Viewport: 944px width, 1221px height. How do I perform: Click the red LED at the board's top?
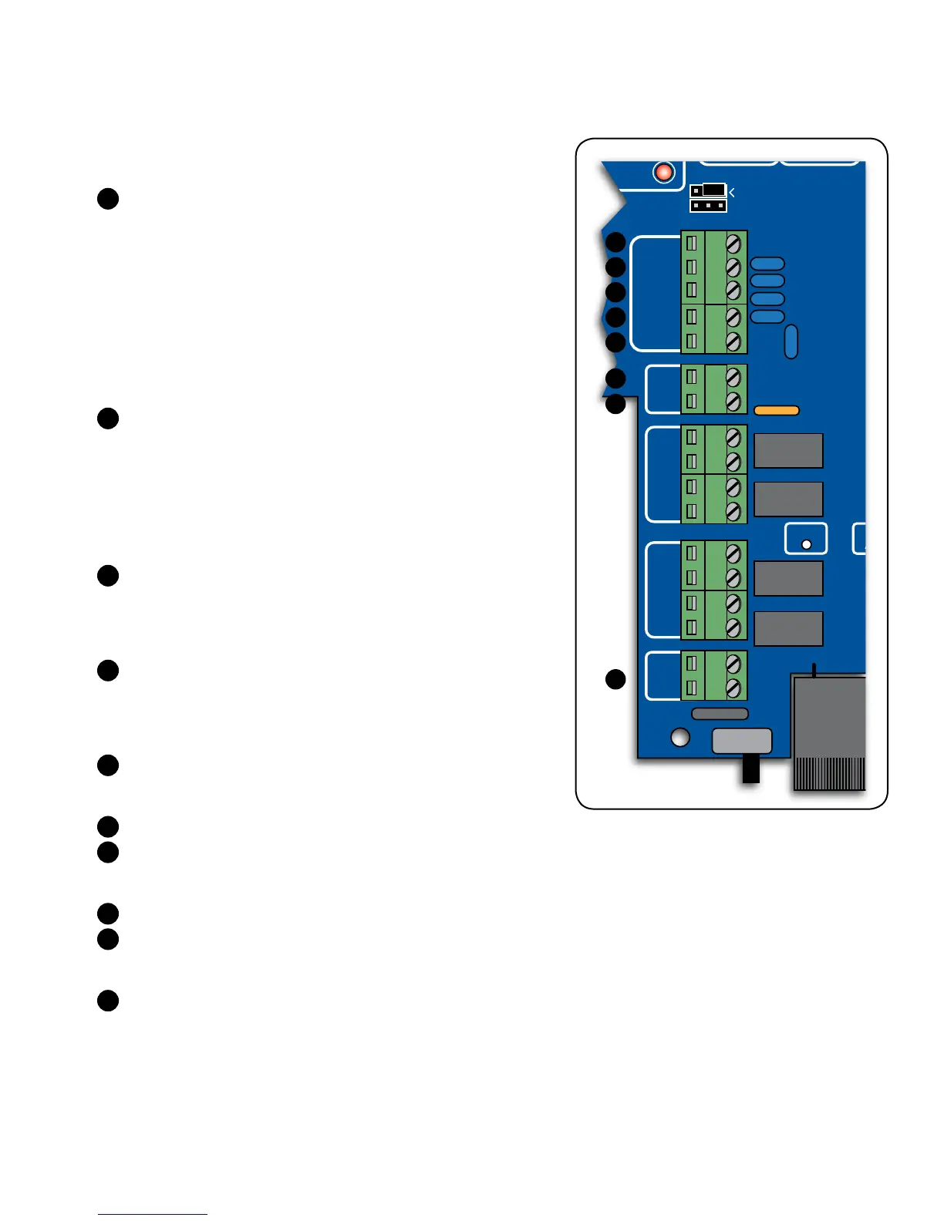(x=663, y=172)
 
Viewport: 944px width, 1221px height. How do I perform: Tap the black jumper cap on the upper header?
(x=713, y=190)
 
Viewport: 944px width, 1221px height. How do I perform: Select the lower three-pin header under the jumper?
(x=708, y=206)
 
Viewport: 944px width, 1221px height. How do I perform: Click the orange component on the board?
(x=776, y=411)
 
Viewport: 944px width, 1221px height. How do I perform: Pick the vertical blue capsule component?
(x=791, y=341)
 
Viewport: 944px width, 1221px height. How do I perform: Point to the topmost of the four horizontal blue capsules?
(x=767, y=264)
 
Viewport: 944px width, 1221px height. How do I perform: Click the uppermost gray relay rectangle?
(x=788, y=451)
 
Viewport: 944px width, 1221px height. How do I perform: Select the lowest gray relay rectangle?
(x=788, y=629)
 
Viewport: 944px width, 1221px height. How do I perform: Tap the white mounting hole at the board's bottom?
(x=679, y=737)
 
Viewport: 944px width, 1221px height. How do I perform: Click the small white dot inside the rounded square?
(x=807, y=544)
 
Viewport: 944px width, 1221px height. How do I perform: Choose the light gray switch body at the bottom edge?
(x=742, y=741)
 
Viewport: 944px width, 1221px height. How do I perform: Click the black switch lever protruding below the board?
(x=750, y=769)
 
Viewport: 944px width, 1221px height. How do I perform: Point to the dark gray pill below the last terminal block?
(x=720, y=714)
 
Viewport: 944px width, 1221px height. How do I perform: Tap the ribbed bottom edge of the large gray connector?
(x=829, y=774)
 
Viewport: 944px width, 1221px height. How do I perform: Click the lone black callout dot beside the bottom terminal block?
(x=615, y=679)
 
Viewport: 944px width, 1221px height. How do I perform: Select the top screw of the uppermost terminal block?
(x=733, y=243)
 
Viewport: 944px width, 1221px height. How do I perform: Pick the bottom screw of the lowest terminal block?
(x=733, y=688)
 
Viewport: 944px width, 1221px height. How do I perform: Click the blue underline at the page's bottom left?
(x=153, y=1214)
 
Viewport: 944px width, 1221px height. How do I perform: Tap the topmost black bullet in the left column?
(x=108, y=198)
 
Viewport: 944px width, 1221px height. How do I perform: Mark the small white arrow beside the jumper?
(x=731, y=192)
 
